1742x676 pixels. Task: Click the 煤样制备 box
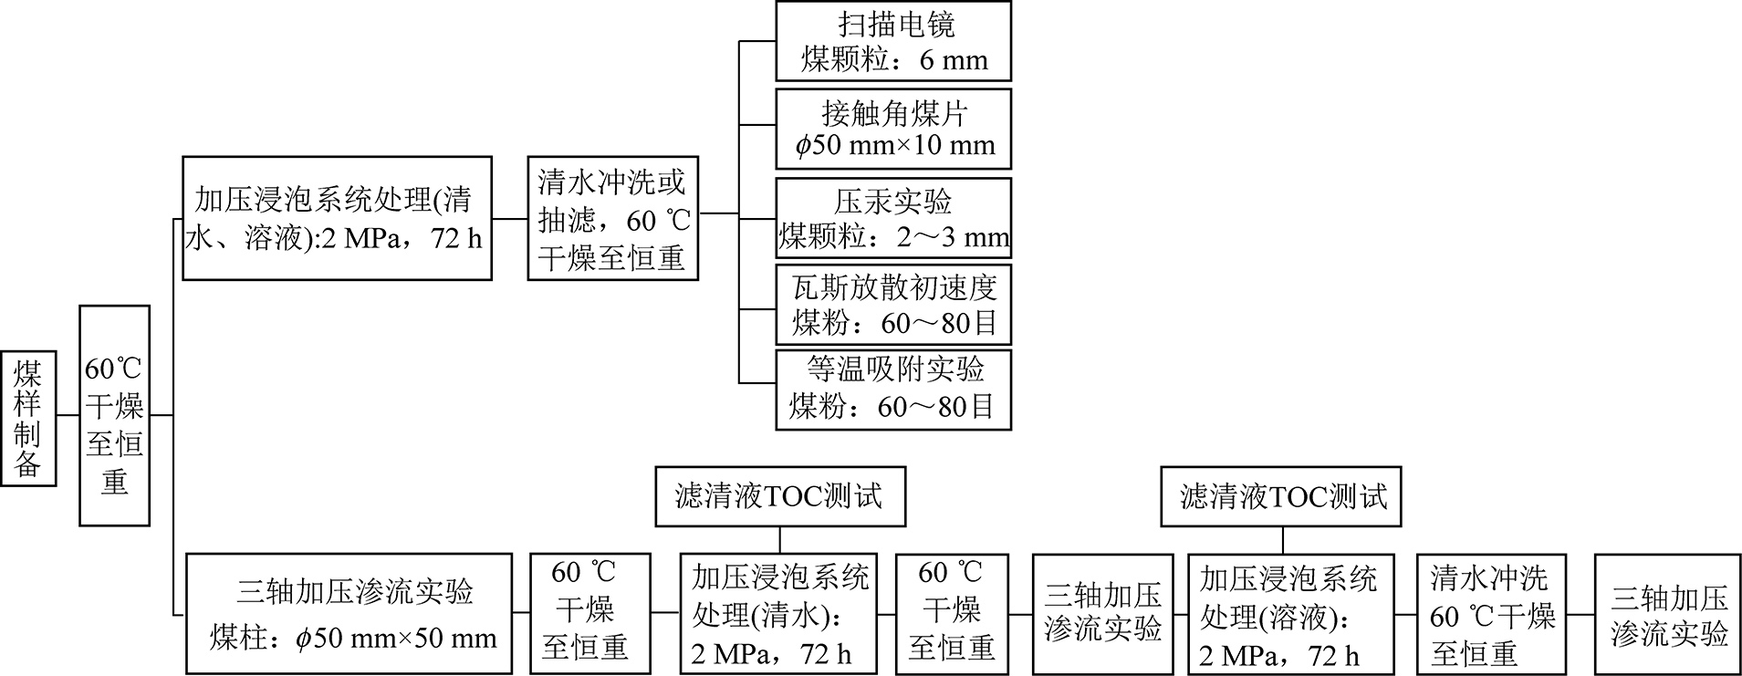28,417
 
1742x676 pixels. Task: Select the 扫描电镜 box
893,41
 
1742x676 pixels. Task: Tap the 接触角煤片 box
893,129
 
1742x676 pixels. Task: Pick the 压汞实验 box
893,218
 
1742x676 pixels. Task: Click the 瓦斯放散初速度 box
893,305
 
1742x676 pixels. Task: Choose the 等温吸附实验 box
893,390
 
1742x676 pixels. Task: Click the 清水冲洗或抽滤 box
611,219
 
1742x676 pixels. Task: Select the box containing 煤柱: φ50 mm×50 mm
349,613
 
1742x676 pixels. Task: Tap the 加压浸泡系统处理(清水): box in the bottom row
778,613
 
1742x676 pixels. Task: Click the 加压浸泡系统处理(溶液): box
1290,613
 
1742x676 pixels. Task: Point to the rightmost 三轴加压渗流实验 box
1667,613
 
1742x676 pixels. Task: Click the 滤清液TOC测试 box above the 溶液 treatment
1281,497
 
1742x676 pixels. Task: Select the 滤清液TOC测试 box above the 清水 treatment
780,497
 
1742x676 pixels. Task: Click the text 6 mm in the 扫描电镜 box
954,60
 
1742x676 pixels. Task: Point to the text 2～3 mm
953,238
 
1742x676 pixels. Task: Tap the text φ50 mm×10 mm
895,145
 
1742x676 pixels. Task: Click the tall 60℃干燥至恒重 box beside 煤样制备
114,415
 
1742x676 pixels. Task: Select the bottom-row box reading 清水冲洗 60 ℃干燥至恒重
1492,613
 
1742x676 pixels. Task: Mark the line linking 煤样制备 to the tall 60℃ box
68,416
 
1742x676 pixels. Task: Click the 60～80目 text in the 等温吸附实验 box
935,407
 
